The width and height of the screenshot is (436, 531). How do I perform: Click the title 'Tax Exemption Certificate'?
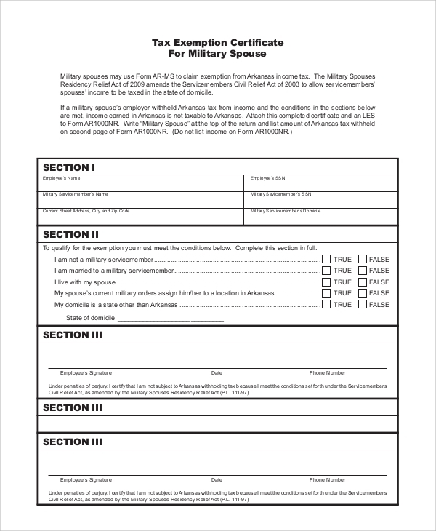click(217, 43)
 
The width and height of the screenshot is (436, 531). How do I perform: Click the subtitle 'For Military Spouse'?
click(217, 54)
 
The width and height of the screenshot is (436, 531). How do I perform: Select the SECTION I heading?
click(69, 167)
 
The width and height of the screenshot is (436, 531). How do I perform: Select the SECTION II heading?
click(70, 234)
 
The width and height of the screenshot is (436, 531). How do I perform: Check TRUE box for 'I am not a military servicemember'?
click(326, 259)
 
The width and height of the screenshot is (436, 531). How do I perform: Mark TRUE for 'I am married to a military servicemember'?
click(326, 271)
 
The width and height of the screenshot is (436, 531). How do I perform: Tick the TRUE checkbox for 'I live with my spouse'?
click(326, 282)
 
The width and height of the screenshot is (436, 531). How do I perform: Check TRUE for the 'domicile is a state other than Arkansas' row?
click(326, 305)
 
